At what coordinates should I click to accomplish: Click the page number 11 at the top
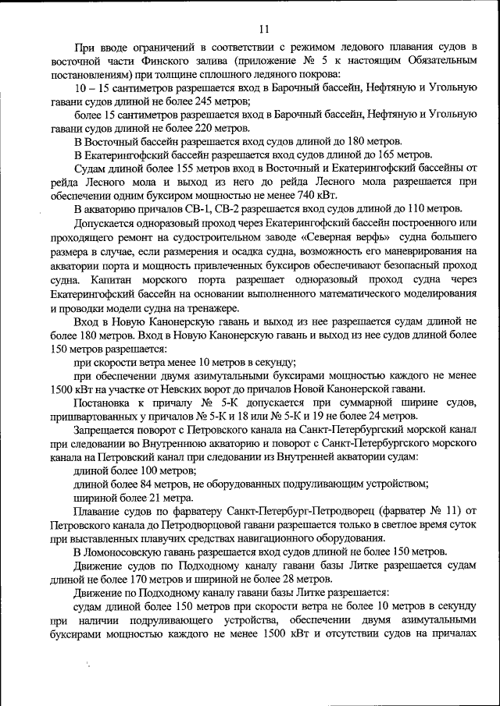[x=263, y=29]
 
